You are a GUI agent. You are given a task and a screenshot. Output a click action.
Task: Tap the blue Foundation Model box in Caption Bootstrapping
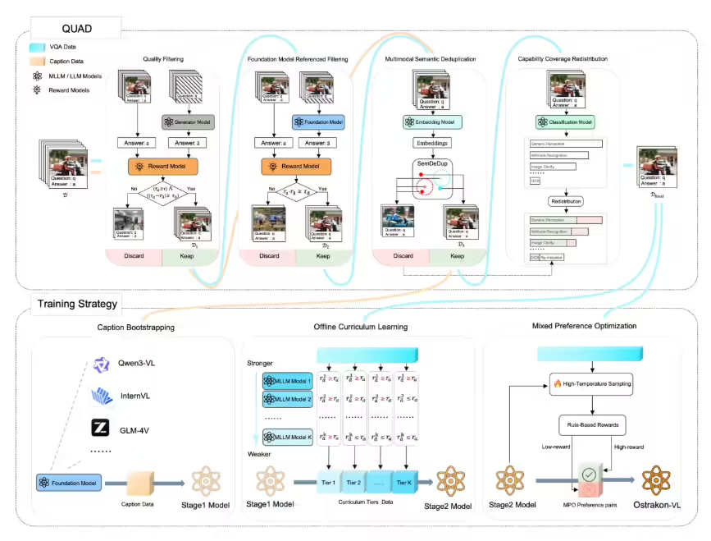(66, 483)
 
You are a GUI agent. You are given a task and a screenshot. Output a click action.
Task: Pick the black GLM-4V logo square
(99, 428)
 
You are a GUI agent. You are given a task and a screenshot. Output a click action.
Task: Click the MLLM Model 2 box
(287, 398)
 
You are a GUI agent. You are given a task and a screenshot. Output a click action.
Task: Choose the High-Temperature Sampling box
(590, 383)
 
